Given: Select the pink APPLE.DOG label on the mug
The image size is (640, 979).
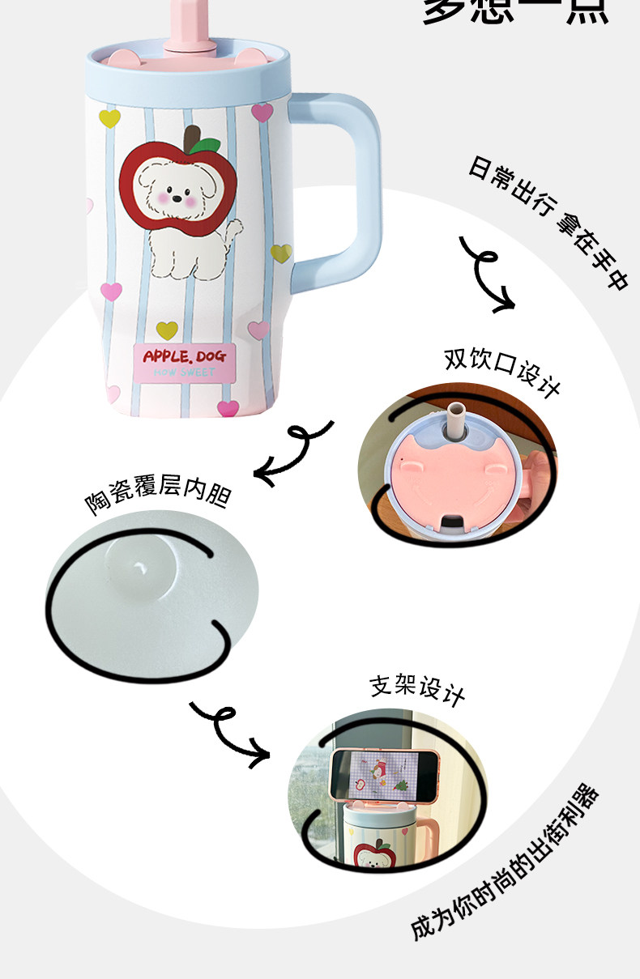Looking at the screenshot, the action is tap(184, 360).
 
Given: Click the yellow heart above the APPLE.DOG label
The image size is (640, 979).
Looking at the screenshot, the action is tap(167, 330).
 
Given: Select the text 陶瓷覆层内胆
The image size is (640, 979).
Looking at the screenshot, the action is tap(157, 492).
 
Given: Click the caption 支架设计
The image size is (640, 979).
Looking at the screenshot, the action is tap(417, 688).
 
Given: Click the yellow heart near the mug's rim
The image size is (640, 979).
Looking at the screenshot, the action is tap(109, 119).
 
